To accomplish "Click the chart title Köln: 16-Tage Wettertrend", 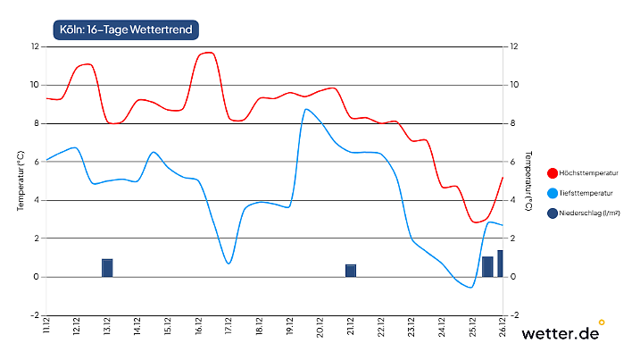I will coord(123,29).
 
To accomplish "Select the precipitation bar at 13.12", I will coord(107,268).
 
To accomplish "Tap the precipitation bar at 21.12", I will coord(351,271).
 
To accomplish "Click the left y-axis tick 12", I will coord(35,46).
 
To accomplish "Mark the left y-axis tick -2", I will coord(35,315).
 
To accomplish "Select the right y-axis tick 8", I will coord(512,123).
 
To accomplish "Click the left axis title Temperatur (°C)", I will coord(20,180).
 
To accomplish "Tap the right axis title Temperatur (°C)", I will coord(528,180).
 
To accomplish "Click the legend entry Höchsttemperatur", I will coord(590,173).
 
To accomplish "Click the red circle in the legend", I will coord(553,173).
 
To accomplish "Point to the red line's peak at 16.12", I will coord(207,52).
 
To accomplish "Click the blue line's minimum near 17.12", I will coord(229,264).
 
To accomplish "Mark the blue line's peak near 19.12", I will coord(306,109).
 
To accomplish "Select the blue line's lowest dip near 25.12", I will coord(470,288).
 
